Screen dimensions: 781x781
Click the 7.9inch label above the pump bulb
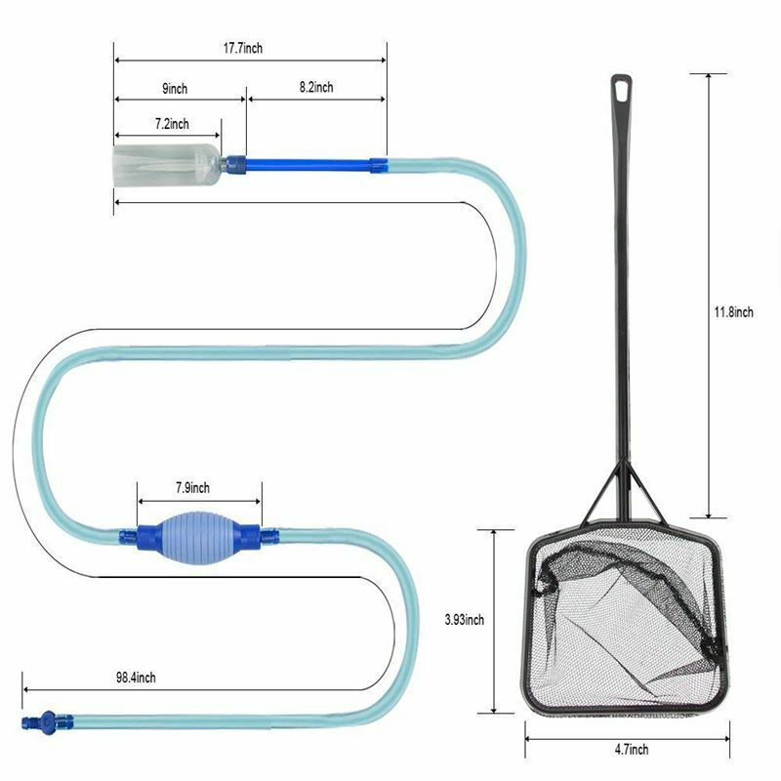click(x=192, y=487)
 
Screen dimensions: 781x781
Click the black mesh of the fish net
click(x=625, y=625)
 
